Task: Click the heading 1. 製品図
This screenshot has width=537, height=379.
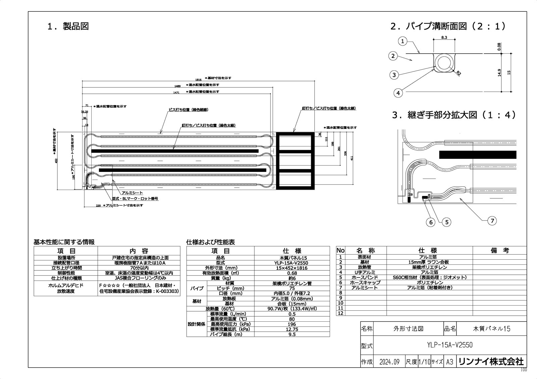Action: (x=68, y=26)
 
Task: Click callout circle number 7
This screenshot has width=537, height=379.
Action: (x=492, y=220)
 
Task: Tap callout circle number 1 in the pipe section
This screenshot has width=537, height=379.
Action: (x=402, y=42)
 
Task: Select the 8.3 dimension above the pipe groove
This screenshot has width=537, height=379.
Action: (x=444, y=38)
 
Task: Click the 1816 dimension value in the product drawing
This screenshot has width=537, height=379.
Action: (x=198, y=80)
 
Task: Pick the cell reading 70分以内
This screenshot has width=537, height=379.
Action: (x=139, y=268)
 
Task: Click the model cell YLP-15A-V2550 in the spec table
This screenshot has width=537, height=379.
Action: (x=292, y=263)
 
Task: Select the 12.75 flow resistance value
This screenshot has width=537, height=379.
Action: (x=292, y=329)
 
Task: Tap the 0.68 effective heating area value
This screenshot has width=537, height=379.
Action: (x=292, y=273)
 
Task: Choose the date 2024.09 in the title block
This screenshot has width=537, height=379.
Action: (x=389, y=362)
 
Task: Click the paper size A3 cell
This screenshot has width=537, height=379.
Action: (x=449, y=362)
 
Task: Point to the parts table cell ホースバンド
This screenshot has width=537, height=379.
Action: (x=364, y=277)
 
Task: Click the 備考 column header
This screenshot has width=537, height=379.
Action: (x=499, y=250)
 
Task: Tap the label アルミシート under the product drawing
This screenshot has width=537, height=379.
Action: (x=132, y=193)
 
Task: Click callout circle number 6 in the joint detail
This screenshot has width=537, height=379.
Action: (x=431, y=222)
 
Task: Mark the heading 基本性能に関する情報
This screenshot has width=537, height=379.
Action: (x=64, y=242)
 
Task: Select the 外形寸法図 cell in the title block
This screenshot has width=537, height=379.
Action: (x=407, y=329)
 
